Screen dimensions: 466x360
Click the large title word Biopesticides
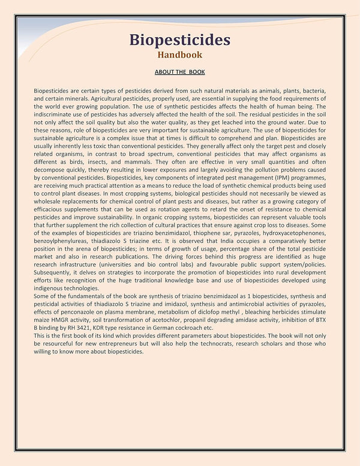(x=179, y=40)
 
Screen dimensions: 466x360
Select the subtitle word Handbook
(x=179, y=55)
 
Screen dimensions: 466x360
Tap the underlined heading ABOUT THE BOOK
(x=179, y=72)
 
